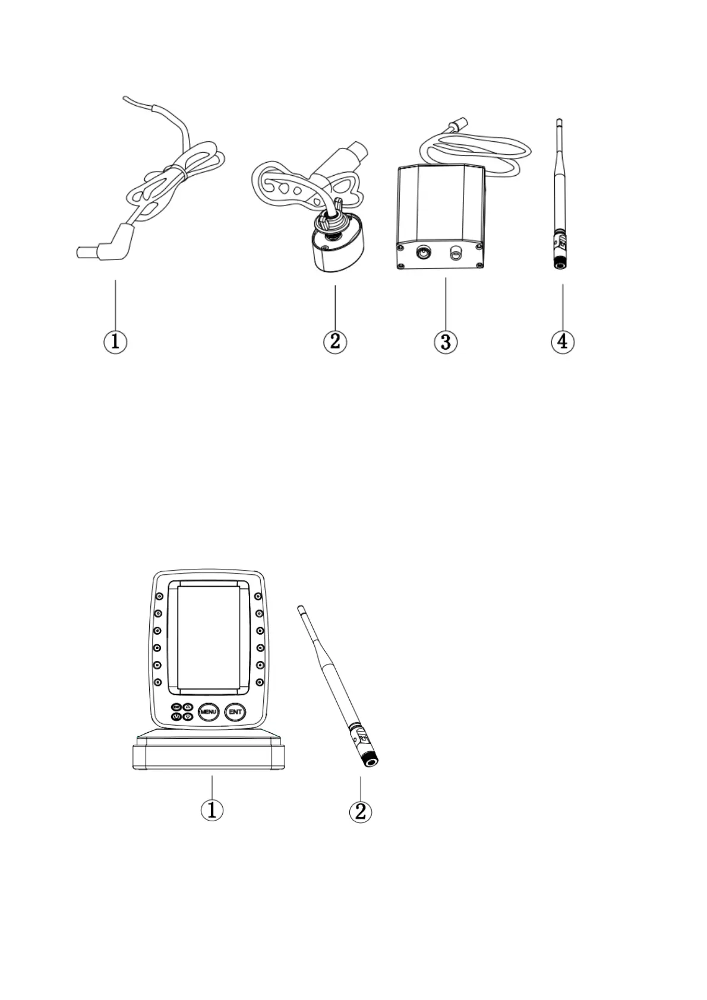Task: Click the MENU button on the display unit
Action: coord(209,711)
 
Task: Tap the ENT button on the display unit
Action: coord(236,711)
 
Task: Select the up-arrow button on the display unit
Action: coord(188,707)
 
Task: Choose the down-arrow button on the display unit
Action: coord(188,717)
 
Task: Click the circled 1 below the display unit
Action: coord(212,810)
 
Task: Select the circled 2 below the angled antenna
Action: coord(361,811)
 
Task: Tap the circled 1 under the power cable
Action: coord(115,341)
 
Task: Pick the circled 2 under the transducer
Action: coord(335,341)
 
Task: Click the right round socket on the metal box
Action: coord(456,255)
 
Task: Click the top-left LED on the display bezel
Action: coord(159,597)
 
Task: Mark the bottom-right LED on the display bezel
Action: coord(259,682)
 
